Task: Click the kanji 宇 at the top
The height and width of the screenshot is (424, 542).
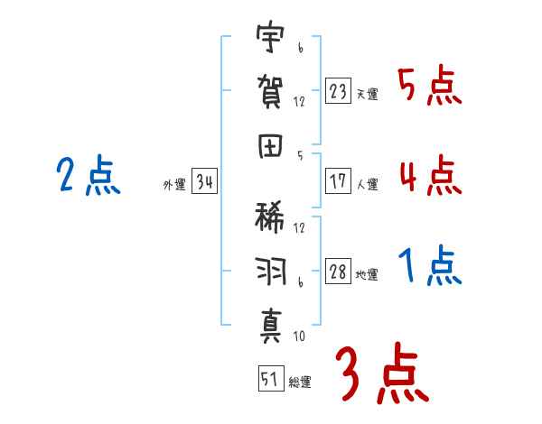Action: click(x=270, y=36)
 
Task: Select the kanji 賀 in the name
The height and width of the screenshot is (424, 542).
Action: click(x=270, y=92)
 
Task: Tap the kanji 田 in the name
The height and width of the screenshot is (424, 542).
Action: click(x=270, y=146)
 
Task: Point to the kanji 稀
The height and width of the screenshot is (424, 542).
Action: click(x=270, y=217)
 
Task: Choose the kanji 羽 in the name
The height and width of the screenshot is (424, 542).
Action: click(x=272, y=271)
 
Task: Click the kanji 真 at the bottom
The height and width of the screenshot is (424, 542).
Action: click(x=271, y=326)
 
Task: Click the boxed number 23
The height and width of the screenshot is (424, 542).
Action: click(x=338, y=91)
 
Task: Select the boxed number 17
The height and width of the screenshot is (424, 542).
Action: click(x=338, y=181)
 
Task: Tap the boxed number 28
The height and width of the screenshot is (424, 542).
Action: click(x=338, y=271)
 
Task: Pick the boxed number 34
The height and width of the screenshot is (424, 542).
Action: click(x=204, y=181)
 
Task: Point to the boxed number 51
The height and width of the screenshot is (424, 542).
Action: click(x=271, y=378)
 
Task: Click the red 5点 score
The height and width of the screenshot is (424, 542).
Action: click(x=430, y=85)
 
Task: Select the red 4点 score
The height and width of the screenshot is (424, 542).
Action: click(x=431, y=175)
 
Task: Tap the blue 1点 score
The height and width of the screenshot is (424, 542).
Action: click(x=430, y=265)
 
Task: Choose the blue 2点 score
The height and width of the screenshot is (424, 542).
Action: click(x=89, y=175)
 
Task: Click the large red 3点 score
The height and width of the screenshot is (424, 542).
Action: click(x=382, y=373)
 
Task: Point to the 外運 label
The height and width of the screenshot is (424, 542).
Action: click(x=174, y=184)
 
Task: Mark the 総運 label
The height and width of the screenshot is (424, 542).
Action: click(x=300, y=382)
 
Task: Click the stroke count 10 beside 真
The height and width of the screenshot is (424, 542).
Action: click(x=299, y=336)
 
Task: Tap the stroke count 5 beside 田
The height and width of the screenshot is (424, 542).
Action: click(x=300, y=156)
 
